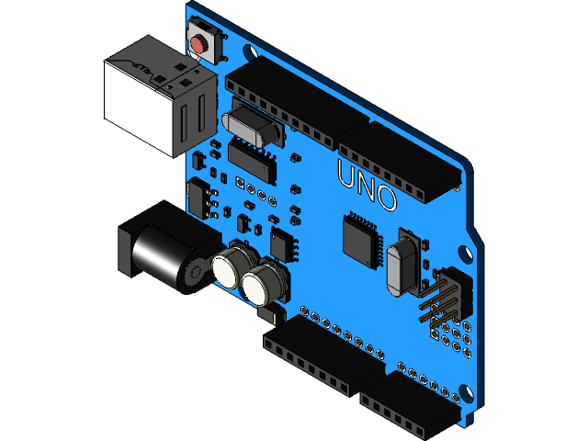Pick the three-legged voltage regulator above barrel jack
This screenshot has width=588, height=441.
pos(200,197)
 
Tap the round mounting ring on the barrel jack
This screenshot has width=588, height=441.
pos(195,274)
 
